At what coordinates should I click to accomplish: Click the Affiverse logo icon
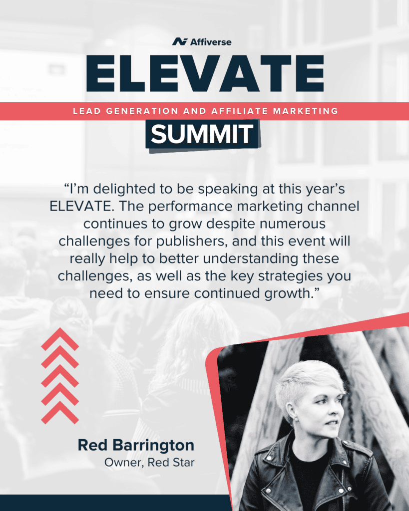pos(180,42)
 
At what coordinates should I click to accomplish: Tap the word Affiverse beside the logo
pos(211,42)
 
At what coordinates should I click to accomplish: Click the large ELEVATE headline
pos(205,73)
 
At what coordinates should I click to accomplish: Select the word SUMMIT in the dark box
pos(202,134)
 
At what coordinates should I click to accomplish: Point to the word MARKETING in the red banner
pos(306,111)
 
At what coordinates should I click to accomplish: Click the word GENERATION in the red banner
pos(142,111)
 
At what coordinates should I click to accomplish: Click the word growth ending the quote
pos(289,293)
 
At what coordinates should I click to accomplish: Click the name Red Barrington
pos(136,446)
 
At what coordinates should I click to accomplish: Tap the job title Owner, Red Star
pos(149,463)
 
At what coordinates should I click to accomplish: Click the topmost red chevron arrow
pos(60,339)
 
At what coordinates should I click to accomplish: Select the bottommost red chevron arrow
pos(60,413)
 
